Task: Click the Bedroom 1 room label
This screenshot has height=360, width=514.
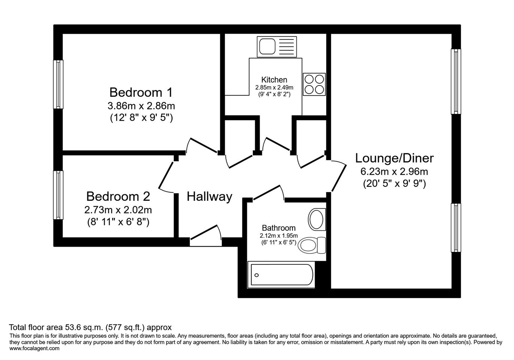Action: [x=141, y=92]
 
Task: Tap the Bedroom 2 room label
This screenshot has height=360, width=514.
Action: [x=118, y=196]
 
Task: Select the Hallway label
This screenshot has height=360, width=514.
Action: [x=209, y=197]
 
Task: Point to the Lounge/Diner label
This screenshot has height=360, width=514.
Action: [x=394, y=158]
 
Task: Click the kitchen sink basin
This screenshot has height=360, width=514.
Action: [x=267, y=46]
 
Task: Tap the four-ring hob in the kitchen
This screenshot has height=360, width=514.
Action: [x=314, y=84]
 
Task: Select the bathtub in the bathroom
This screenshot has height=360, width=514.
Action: [x=281, y=274]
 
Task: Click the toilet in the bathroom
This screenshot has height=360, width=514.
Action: [x=312, y=245]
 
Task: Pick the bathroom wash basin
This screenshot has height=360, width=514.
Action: [x=317, y=219]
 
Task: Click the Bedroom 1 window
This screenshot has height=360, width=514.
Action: [x=58, y=84]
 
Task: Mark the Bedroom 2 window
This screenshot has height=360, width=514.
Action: [x=58, y=195]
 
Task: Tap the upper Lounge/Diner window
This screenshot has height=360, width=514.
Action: [x=456, y=81]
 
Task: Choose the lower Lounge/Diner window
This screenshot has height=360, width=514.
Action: [x=456, y=228]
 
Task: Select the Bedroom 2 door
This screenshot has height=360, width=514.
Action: [x=166, y=177]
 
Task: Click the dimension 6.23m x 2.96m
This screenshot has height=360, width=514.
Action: [x=394, y=172]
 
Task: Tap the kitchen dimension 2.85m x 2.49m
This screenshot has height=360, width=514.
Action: [x=274, y=87]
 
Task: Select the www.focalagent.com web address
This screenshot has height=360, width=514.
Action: [x=34, y=348]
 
